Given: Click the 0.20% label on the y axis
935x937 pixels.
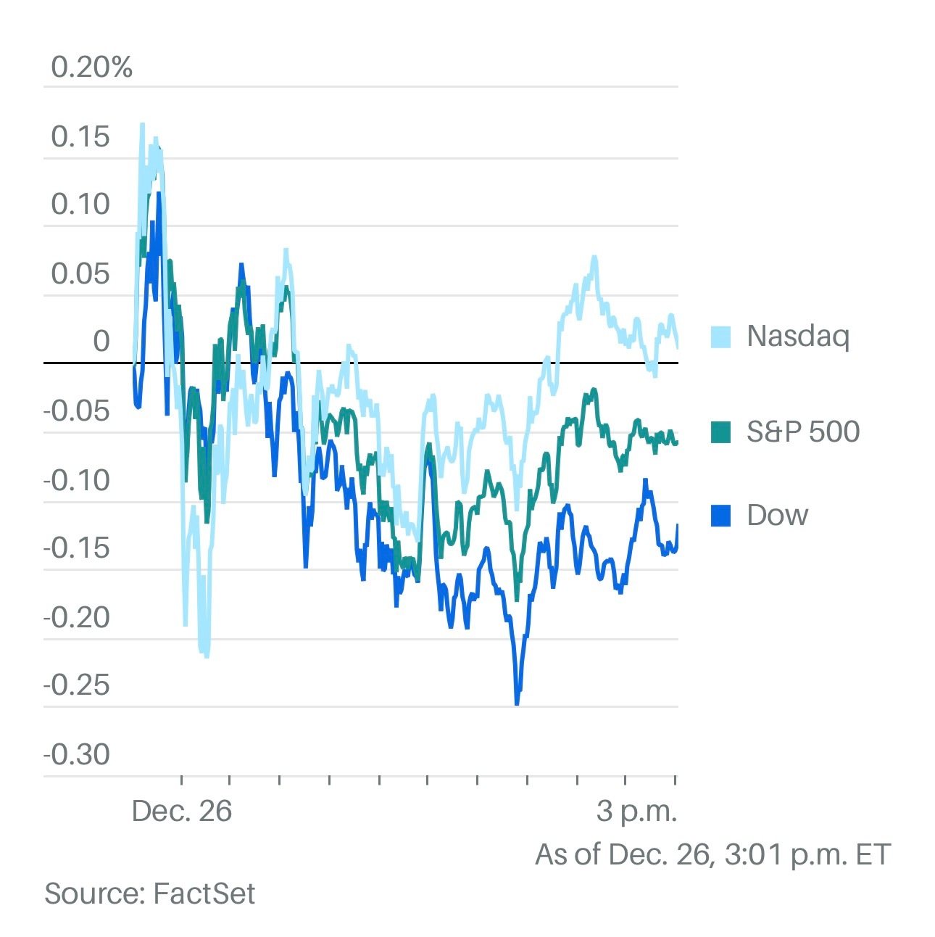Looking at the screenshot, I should (92, 67).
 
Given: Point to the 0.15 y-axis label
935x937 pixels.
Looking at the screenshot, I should (80, 136).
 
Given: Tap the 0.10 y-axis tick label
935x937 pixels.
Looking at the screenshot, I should (80, 205).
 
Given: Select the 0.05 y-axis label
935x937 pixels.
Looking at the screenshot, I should (80, 274).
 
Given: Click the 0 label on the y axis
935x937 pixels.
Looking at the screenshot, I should (101, 341).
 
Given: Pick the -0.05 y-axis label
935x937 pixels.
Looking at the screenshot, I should (77, 411).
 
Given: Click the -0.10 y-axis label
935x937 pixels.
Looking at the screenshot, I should (77, 479).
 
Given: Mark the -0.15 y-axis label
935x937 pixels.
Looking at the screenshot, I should (77, 548).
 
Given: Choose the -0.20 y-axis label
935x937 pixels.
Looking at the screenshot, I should (77, 617).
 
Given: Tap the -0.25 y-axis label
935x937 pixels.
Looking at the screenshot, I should (77, 685).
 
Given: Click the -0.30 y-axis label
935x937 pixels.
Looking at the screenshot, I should (77, 754).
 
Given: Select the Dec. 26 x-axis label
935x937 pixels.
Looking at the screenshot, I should (182, 811).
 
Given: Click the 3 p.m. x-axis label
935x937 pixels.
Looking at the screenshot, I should (636, 811).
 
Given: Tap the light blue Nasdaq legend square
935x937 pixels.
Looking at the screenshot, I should (720, 337).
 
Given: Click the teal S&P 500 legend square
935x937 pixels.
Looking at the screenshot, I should (720, 432).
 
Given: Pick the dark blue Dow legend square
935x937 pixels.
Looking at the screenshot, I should (720, 516).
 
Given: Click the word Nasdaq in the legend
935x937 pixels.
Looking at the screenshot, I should (797, 337).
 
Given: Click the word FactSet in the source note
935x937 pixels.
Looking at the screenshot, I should (204, 893).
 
